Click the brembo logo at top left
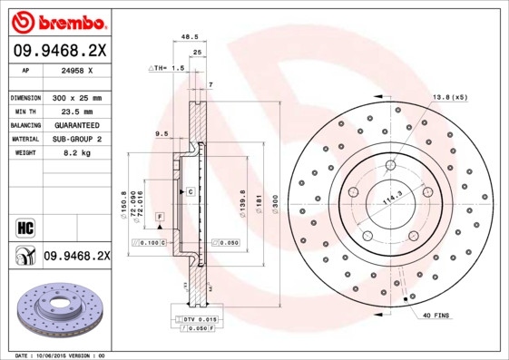coord(56,21)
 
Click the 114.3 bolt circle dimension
coord(391,199)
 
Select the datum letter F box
coord(160,217)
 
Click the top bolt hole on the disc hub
coord(389,165)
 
